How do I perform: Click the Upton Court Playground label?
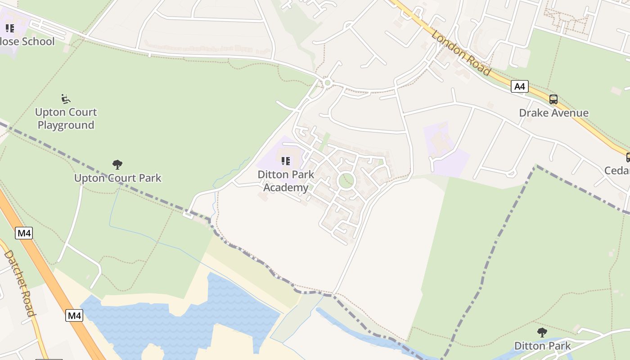(66, 118)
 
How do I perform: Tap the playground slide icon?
(66, 98)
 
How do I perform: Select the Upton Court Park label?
(117, 178)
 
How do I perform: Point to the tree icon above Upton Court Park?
(117, 164)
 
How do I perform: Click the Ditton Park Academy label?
(286, 181)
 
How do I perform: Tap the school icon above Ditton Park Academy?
(286, 161)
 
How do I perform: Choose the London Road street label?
(460, 53)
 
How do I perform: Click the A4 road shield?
(520, 86)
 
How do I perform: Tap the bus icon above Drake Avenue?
(553, 99)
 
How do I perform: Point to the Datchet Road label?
(19, 283)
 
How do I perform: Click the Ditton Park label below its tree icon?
(542, 346)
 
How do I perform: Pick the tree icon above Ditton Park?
(542, 333)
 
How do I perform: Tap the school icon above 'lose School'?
(10, 28)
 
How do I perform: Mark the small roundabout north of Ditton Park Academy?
(328, 83)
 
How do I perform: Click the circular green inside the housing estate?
(346, 181)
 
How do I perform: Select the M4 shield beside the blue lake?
(74, 315)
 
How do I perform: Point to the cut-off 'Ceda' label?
(617, 171)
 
